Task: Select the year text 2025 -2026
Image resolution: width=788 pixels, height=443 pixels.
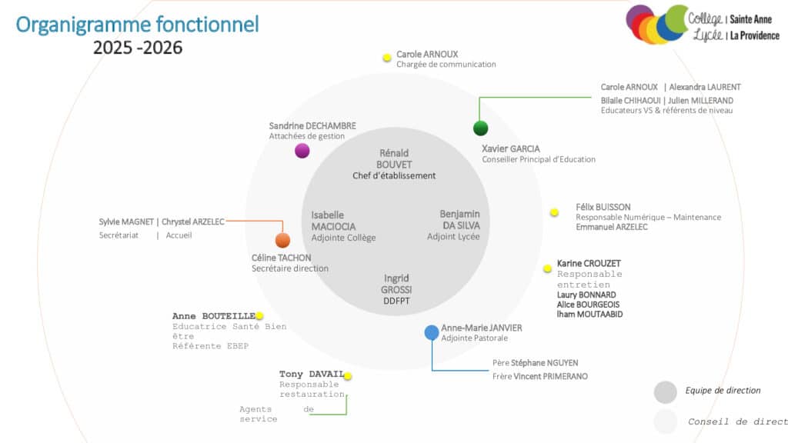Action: (x=138, y=48)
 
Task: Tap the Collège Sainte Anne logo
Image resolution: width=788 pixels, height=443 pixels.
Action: (x=702, y=25)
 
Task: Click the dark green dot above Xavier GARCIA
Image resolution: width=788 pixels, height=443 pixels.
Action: (x=481, y=128)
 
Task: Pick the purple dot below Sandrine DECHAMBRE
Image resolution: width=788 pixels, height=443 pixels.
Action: (x=302, y=151)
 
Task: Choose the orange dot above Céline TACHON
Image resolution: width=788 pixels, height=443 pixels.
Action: (x=282, y=240)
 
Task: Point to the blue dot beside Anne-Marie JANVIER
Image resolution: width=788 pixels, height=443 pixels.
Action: (x=432, y=332)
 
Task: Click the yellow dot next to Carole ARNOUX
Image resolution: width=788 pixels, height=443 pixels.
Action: (x=387, y=58)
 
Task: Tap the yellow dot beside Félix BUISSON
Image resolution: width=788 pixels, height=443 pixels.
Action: (x=554, y=212)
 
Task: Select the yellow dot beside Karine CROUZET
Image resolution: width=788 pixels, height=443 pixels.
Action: (x=548, y=268)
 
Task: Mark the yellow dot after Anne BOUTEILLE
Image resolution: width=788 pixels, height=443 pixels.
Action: (x=259, y=316)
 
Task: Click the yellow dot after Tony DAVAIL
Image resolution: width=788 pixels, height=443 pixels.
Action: (x=348, y=376)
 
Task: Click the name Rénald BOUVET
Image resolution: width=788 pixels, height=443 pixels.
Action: (x=394, y=158)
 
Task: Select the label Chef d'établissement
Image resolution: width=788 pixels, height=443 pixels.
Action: (x=394, y=175)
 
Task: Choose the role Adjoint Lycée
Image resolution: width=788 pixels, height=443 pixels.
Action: (x=453, y=237)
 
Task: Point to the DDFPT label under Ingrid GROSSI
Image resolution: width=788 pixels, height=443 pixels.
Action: (x=396, y=301)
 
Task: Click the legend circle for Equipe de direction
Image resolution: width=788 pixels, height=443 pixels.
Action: (x=666, y=391)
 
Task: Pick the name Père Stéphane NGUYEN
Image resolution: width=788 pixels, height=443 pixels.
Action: (x=535, y=363)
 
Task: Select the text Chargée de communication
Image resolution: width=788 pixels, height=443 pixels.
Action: (x=446, y=65)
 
